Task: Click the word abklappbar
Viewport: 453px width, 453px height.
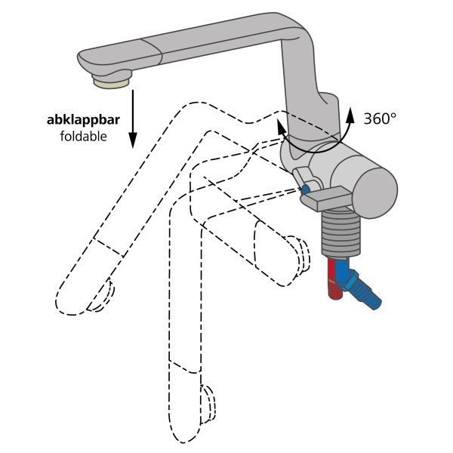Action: coord(83,119)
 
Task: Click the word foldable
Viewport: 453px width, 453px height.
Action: coord(84,136)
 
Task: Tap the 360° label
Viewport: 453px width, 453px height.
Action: coord(380,119)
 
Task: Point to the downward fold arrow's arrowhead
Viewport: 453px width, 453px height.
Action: coord(133,140)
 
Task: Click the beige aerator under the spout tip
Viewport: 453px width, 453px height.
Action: coord(111,84)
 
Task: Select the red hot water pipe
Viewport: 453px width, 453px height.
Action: coord(334,278)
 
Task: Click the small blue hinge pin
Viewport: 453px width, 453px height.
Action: coord(305,190)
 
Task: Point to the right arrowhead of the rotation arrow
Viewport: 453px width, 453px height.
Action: coord(350,115)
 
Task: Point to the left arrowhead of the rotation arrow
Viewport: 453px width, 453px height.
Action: coord(281,126)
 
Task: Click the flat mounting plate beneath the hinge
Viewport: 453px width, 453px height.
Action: coord(325,198)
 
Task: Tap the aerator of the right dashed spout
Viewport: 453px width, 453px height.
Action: coord(301,255)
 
